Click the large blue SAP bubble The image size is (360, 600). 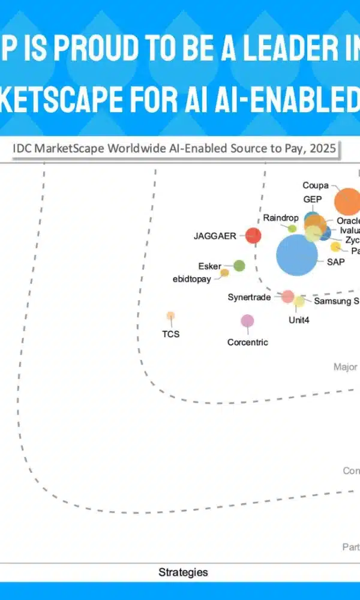pyautogui.click(x=297, y=255)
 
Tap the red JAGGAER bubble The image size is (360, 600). pyautogui.click(x=254, y=236)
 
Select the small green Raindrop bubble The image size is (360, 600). pyautogui.click(x=292, y=229)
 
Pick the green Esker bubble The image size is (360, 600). pyautogui.click(x=239, y=266)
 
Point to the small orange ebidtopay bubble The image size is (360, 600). pyautogui.click(x=224, y=273)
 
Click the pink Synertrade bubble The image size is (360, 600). pyautogui.click(x=288, y=296)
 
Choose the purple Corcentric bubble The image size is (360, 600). pyautogui.click(x=247, y=321)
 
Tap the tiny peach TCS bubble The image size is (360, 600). pyautogui.click(x=170, y=316)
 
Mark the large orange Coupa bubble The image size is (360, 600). pyautogui.click(x=347, y=202)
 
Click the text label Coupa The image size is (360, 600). pyautogui.click(x=315, y=185)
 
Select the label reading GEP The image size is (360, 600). pyautogui.click(x=313, y=199)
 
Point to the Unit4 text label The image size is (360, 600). pyautogui.click(x=299, y=320)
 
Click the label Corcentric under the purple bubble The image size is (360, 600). pyautogui.click(x=247, y=343)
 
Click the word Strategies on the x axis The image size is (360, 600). pyautogui.click(x=183, y=572)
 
